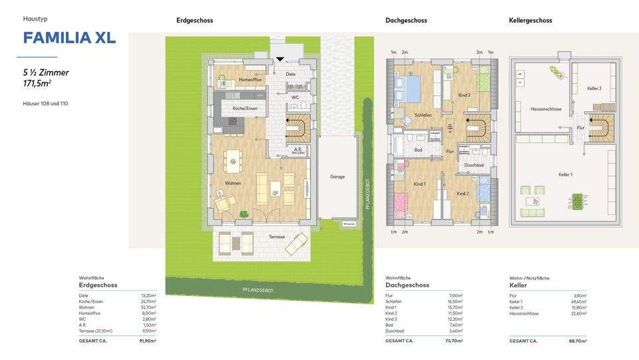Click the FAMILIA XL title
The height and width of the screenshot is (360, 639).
(69, 38)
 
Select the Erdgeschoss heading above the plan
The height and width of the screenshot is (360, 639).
(194, 21)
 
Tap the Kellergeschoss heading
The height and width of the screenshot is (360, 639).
(530, 21)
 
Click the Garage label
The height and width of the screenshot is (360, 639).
(337, 177)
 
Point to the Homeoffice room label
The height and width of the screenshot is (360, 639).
(250, 80)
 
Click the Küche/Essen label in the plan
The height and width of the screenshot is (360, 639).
(244, 108)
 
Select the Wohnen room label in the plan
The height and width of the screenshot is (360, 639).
(232, 183)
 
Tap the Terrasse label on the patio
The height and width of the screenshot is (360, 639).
(277, 237)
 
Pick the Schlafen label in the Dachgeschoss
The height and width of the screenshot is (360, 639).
(423, 115)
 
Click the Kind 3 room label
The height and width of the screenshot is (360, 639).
(464, 95)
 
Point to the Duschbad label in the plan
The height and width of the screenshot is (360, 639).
(473, 164)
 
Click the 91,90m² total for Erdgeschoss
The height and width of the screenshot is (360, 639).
(147, 341)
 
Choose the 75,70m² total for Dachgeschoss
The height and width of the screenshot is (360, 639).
(453, 341)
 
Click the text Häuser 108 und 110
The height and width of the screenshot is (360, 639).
(45, 103)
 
